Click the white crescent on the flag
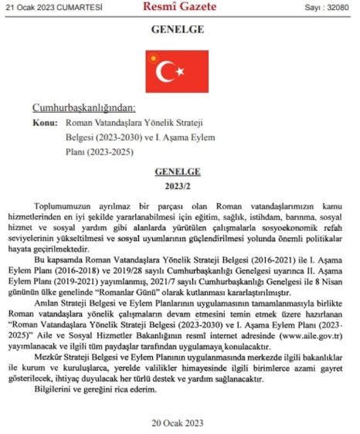(x=165, y=72)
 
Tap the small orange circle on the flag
(x=151, y=59)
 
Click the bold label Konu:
(x=46, y=123)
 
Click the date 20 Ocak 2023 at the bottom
(x=178, y=422)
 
